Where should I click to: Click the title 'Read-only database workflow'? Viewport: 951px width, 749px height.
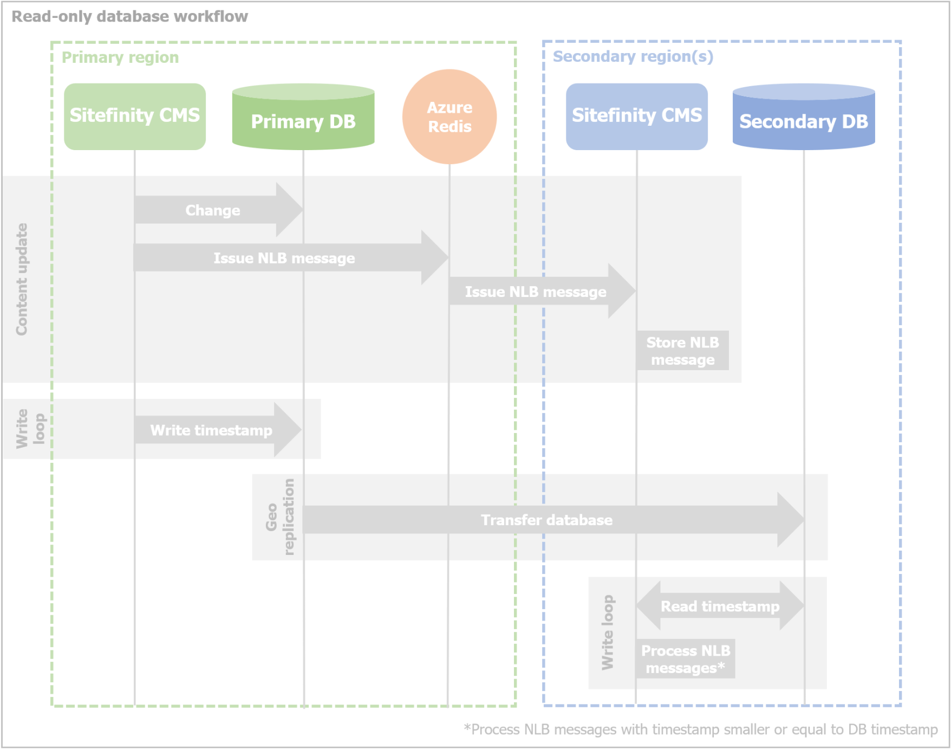[129, 17]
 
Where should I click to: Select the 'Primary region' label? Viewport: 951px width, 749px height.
[120, 57]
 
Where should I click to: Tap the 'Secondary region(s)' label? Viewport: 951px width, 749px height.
[633, 56]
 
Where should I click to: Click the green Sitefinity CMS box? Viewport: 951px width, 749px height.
[134, 116]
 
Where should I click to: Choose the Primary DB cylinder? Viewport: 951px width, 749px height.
[303, 118]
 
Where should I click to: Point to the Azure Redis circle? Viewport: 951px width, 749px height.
[449, 117]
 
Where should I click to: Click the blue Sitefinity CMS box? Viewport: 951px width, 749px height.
[636, 116]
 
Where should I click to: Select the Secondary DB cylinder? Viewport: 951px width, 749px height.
[803, 118]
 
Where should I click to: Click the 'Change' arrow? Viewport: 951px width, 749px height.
[213, 210]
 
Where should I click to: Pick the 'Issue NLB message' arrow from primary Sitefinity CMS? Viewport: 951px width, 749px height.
[284, 258]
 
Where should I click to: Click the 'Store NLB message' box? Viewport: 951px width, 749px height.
[682, 351]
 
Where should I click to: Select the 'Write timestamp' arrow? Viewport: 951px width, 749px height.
[211, 430]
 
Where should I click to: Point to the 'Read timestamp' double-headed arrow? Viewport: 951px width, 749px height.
[720, 606]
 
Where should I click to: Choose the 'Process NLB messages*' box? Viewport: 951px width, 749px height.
[685, 659]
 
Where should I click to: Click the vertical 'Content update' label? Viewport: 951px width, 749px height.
[22, 279]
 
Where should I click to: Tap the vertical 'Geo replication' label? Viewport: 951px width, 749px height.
[280, 517]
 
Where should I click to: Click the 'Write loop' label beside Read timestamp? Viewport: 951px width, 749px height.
[607, 632]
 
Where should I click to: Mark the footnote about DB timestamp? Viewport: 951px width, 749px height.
[700, 729]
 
